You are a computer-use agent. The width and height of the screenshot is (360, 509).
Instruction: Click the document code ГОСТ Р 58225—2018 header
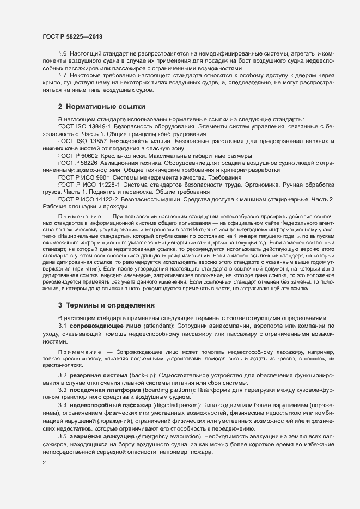(72, 36)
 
